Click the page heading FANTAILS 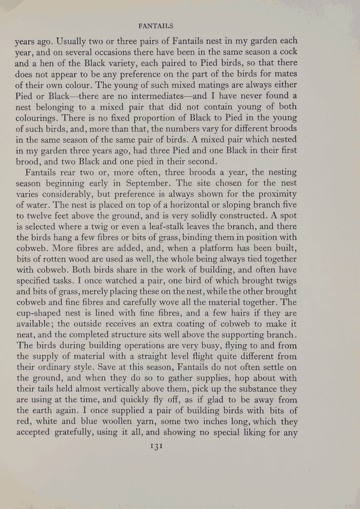(180, 25)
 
